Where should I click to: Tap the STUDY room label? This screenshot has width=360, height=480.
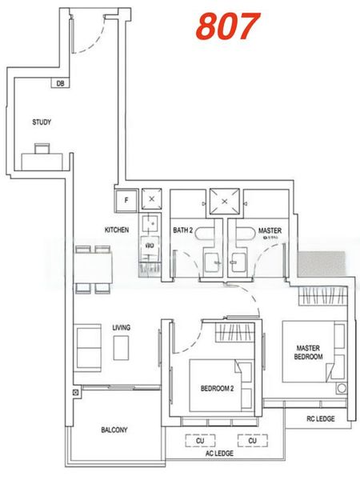42,122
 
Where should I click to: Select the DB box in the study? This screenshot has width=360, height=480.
61,83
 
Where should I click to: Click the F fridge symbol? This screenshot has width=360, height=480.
126,200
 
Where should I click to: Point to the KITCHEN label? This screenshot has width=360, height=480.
117,230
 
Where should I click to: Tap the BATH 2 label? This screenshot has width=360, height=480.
183,230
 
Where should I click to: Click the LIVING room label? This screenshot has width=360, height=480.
122,328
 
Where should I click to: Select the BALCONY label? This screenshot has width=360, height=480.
114,430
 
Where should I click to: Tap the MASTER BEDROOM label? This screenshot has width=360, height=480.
309,352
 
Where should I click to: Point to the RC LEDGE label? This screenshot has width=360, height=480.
320,418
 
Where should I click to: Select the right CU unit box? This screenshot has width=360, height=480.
252,440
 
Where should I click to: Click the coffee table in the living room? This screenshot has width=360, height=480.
122,348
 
